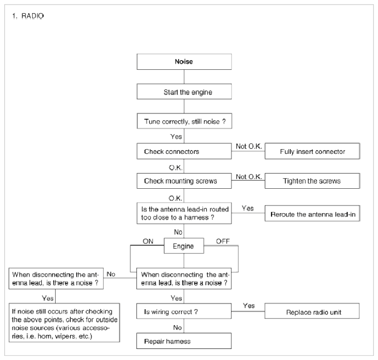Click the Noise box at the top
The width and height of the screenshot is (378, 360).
184,62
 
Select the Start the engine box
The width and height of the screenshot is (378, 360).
184,91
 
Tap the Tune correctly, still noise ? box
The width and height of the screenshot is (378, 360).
185,121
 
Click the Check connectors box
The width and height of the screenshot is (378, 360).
184,152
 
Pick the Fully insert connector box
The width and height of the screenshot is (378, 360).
312,151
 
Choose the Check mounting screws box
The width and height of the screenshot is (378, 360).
184,181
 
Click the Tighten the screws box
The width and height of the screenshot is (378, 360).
312,181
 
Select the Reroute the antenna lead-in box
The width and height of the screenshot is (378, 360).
312,213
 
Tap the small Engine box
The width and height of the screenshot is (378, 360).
184,246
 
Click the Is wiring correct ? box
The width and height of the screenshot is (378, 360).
184,311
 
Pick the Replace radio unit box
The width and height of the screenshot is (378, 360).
312,311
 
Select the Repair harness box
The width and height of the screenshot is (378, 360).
184,341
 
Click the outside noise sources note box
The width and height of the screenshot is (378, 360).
64,323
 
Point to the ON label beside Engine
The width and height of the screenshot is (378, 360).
148,241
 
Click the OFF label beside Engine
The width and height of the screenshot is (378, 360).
223,241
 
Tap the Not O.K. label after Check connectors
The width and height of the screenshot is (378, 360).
249,146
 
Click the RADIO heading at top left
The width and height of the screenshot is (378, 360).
33,16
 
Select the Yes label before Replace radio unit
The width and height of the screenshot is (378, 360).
249,306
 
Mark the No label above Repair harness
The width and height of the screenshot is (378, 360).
177,327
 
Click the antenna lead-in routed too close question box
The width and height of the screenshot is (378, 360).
184,213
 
